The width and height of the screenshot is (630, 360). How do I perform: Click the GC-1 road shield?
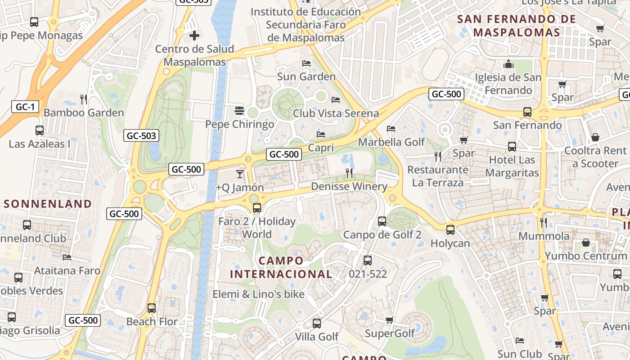[25, 107]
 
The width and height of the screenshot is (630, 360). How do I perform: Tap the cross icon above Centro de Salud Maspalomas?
[194, 35]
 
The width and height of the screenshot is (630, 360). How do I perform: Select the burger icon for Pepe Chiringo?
[239, 111]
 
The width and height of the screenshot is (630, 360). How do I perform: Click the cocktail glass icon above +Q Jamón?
[240, 174]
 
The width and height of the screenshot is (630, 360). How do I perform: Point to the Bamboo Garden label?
[84, 112]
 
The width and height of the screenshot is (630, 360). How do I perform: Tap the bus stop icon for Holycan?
[450, 230]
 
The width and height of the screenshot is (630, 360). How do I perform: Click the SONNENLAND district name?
[48, 204]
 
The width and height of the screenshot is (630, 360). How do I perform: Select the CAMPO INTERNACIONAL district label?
[281, 267]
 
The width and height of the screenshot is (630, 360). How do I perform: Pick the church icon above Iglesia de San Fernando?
[509, 64]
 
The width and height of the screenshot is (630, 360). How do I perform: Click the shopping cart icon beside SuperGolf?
[390, 320]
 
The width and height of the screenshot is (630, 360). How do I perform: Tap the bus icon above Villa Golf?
[317, 324]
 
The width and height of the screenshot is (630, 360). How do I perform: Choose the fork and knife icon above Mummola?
[544, 222]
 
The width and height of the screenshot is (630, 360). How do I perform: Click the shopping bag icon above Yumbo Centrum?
[586, 243]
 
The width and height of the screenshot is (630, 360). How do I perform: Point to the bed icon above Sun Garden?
[306, 63]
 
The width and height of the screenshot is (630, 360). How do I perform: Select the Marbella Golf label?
[391, 142]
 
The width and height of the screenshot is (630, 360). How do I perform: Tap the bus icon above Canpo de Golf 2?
[382, 221]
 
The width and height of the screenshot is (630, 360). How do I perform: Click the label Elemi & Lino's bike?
[259, 294]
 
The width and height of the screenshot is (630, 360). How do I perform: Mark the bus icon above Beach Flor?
[152, 308]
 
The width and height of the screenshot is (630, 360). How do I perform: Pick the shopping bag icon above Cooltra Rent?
[595, 137]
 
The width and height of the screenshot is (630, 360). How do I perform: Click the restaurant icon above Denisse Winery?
[349, 173]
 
